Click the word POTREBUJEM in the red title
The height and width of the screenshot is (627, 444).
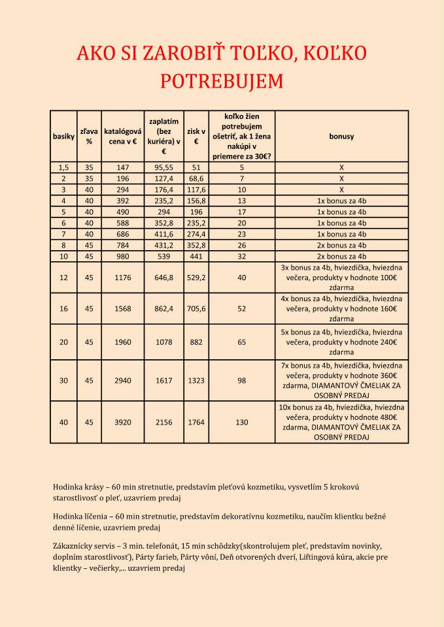222,81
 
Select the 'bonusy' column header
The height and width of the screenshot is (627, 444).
341,137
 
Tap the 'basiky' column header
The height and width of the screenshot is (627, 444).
63,137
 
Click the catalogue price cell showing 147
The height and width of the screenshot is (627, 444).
123,167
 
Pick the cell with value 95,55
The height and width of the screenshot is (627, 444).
163,167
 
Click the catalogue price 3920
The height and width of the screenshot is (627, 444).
123,422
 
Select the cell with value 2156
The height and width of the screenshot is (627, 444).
163,422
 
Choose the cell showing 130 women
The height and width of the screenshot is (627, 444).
242,422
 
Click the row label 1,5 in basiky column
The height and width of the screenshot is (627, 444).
63,167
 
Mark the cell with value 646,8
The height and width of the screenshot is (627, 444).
163,278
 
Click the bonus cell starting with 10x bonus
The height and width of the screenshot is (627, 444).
341,422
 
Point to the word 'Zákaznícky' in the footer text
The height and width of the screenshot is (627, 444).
74,545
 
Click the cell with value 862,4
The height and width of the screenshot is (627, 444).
163,309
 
